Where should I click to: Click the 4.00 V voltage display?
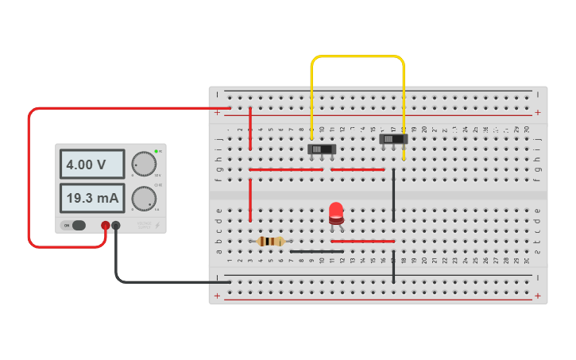point(91,165)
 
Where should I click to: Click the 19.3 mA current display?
point(91,198)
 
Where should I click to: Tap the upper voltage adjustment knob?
point(143,164)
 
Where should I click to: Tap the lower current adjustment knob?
point(143,198)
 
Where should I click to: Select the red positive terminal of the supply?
point(105,226)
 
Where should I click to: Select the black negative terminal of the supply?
point(116,226)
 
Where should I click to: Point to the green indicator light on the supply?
point(157,150)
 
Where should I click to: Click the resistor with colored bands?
point(271,241)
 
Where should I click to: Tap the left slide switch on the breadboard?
point(322,149)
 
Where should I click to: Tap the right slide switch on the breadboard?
point(393,139)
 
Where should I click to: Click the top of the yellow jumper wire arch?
point(358,56)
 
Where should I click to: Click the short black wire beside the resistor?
point(316,251)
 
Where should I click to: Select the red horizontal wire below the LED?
point(362,241)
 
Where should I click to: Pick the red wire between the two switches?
point(358,169)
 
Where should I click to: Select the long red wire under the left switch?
point(286,169)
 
